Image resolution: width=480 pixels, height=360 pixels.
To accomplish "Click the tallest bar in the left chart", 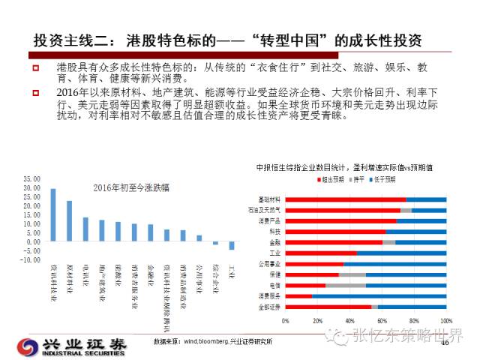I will [x=53, y=215].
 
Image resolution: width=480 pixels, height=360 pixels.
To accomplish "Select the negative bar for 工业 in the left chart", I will [x=232, y=246].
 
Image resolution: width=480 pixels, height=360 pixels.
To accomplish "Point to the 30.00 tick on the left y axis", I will [x=31, y=179].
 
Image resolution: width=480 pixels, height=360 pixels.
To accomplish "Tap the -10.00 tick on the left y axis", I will [x=31, y=260].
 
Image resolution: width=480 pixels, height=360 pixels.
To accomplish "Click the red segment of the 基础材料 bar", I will [x=346, y=199].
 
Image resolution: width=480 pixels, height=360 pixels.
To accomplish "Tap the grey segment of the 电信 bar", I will [x=346, y=286].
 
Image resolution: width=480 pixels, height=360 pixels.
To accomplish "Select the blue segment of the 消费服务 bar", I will [x=379, y=296].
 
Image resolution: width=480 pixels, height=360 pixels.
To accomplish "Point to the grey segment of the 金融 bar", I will [x=388, y=242].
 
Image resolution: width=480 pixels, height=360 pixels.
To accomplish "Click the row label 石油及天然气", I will [x=267, y=210].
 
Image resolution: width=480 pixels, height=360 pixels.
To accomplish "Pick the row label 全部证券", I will [x=270, y=307].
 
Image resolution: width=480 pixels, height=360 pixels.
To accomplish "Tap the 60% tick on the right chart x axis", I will [x=382, y=320].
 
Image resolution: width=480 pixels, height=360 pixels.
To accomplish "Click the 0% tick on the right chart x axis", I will [x=286, y=320].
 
